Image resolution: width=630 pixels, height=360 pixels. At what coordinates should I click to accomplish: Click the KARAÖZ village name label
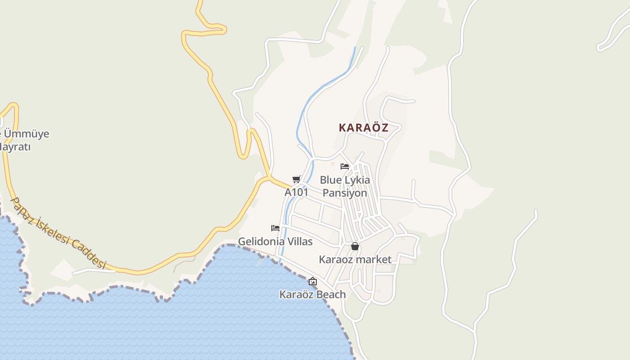click(363, 127)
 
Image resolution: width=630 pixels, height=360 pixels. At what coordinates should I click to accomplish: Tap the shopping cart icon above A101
click(296, 180)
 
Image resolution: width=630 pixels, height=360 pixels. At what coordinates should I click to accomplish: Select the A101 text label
click(296, 192)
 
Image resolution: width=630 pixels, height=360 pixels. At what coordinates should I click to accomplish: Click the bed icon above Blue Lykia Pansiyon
click(345, 166)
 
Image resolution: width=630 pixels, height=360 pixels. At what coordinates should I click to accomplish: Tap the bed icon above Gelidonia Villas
click(275, 228)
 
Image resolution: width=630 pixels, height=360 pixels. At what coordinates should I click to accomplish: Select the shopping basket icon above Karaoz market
click(355, 246)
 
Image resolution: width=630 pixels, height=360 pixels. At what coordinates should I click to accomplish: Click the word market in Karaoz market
click(373, 260)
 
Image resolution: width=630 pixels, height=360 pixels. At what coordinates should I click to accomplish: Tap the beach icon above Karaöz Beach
click(312, 282)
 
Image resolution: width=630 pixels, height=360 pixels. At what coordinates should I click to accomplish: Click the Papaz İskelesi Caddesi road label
click(59, 234)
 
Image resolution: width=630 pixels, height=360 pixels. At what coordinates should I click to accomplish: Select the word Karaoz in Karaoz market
click(336, 260)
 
